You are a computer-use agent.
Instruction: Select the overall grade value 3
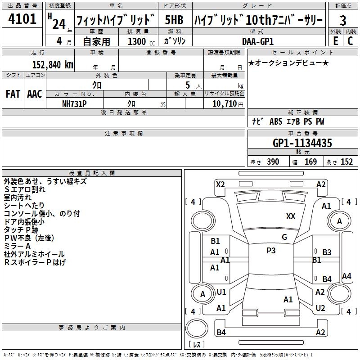pos(343,20)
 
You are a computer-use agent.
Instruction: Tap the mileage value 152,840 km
pos(53,64)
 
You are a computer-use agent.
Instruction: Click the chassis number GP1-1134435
pos(302,143)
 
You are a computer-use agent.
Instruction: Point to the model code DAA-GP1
pos(254,40)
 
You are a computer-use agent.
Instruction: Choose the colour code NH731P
pos(74,103)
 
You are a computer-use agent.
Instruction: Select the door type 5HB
pos(174,20)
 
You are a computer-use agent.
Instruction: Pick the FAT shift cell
pos(13,94)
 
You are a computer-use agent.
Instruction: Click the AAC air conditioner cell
pos(34,94)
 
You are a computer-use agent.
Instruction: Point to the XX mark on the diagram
pos(291,216)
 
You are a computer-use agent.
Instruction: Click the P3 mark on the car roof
pos(271,251)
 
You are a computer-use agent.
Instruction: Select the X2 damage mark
pos(220,184)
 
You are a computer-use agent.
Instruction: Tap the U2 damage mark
pos(320,308)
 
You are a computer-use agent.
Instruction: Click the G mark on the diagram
pos(284,237)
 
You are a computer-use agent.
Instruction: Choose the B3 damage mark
pos(327,252)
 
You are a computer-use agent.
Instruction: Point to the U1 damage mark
pos(221,292)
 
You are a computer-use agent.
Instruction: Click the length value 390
pos(273,162)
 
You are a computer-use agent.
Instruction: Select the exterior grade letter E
pos(335,41)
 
